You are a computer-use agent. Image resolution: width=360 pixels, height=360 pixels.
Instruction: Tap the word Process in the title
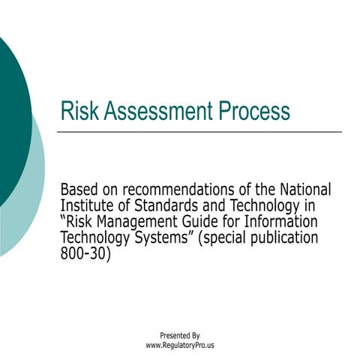point(253,112)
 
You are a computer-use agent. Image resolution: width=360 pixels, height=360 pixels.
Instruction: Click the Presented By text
point(180,335)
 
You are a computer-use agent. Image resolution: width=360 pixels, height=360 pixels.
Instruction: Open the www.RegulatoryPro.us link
point(180,345)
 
